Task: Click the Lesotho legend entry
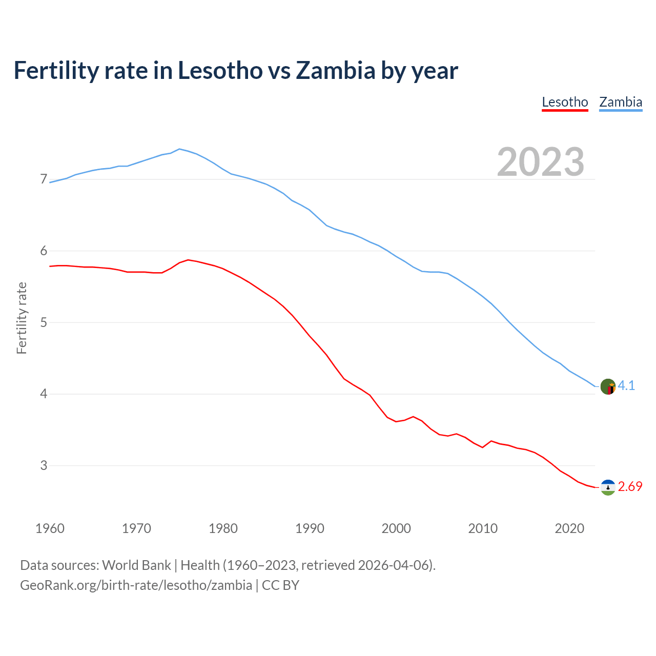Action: [x=565, y=102]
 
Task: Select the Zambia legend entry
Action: [x=621, y=102]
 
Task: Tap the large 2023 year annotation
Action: [x=541, y=162]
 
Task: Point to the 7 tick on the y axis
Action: [x=44, y=179]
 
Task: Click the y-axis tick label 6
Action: [x=44, y=251]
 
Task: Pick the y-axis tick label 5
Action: [x=44, y=322]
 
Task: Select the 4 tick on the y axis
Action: [x=44, y=394]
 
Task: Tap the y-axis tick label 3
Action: [x=44, y=465]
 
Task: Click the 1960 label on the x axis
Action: [x=50, y=528]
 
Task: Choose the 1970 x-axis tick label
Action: [x=136, y=528]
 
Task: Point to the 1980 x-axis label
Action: [x=223, y=528]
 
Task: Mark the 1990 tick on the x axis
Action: [x=310, y=528]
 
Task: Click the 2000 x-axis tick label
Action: [x=396, y=528]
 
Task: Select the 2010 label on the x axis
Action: [x=483, y=528]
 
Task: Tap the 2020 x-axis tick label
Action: [x=569, y=528]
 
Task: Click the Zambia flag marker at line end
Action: [x=608, y=386]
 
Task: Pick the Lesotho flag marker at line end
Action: [x=608, y=487]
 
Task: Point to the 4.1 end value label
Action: [x=626, y=386]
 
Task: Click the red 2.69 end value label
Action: [x=630, y=487]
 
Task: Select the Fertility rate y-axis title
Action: [x=22, y=318]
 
